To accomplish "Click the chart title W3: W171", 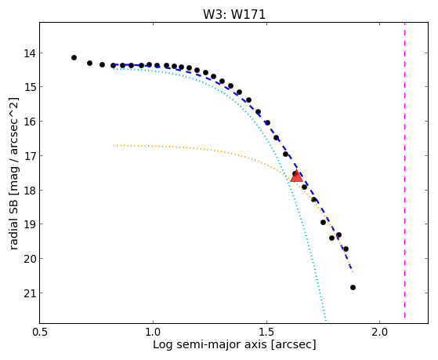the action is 234,14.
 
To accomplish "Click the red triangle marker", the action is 296,176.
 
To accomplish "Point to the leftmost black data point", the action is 74,57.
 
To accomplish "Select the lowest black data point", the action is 353,287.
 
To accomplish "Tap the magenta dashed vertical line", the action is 404,170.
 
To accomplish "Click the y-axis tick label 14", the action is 29,53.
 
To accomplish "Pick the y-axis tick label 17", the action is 29,156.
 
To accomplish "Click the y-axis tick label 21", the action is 29,293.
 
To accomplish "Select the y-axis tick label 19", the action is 29,224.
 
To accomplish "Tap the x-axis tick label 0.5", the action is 40,332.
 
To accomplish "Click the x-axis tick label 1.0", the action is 153,332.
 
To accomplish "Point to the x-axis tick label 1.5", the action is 266,332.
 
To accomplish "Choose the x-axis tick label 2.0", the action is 379,332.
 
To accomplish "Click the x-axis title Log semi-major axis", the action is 209,344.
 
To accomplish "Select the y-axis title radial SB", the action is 13,221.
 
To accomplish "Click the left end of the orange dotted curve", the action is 114,146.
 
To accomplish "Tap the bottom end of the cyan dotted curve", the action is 325,320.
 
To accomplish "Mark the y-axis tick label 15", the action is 29,87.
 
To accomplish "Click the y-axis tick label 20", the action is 29,259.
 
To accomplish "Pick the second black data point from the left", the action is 89,64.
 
